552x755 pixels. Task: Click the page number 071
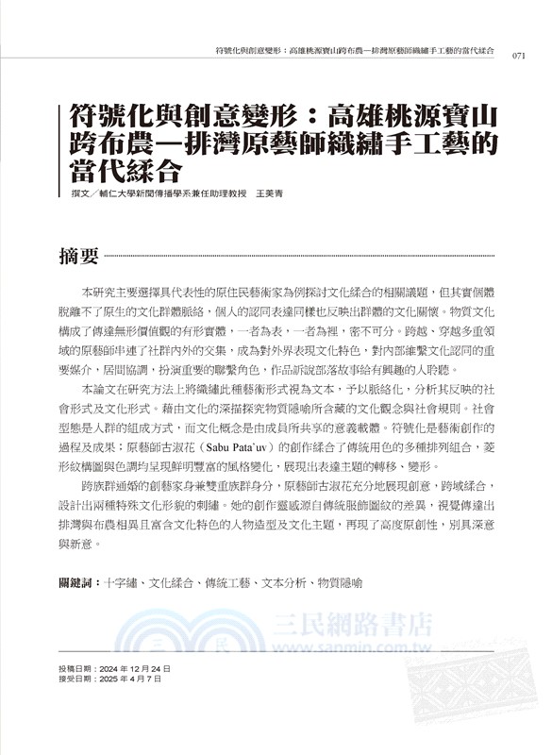pos(518,55)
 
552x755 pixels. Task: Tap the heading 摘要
pos(78,256)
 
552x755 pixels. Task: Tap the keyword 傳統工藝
pos(226,583)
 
